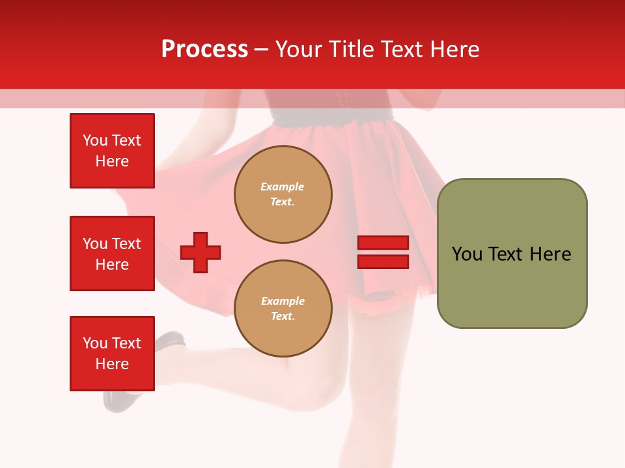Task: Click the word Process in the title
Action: [x=204, y=49]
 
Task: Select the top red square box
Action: [x=112, y=151]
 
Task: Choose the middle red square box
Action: [x=112, y=253]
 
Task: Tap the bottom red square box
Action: [x=112, y=354]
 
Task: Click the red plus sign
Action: [x=201, y=252]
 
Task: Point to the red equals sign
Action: [x=383, y=252]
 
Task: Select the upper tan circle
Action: [x=283, y=194]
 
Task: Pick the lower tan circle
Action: [x=283, y=309]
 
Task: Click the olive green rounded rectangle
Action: [x=512, y=253]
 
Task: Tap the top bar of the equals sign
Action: [x=383, y=243]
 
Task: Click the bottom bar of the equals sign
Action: [x=383, y=262]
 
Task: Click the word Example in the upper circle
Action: [x=283, y=187]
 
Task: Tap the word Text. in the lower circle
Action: [x=283, y=317]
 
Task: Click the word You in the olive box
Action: [x=467, y=254]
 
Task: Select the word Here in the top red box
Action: [x=112, y=161]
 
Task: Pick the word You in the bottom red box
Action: [x=94, y=343]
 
